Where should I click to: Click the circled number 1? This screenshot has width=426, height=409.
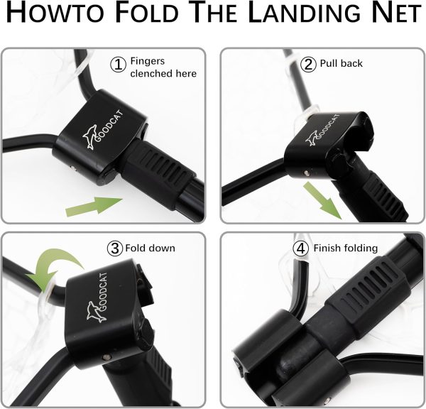click(x=118, y=65)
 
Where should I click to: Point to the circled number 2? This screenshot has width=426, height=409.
click(x=308, y=65)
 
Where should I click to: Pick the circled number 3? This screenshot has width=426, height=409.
click(x=115, y=248)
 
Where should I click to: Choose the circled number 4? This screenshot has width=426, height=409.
click(x=301, y=248)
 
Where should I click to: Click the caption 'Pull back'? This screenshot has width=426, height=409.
click(x=342, y=63)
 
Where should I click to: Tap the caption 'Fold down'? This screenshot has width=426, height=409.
click(x=151, y=248)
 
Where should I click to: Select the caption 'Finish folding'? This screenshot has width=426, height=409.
click(x=346, y=249)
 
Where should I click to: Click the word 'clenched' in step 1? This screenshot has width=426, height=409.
click(x=151, y=73)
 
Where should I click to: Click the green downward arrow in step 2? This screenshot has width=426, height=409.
click(x=322, y=200)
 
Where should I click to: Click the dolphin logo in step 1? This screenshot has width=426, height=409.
click(x=89, y=137)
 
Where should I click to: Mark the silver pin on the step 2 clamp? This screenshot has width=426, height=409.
click(x=306, y=173)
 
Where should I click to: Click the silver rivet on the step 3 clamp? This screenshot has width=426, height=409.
click(x=106, y=356)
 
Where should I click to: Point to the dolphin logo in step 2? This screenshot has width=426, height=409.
click(x=312, y=139)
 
